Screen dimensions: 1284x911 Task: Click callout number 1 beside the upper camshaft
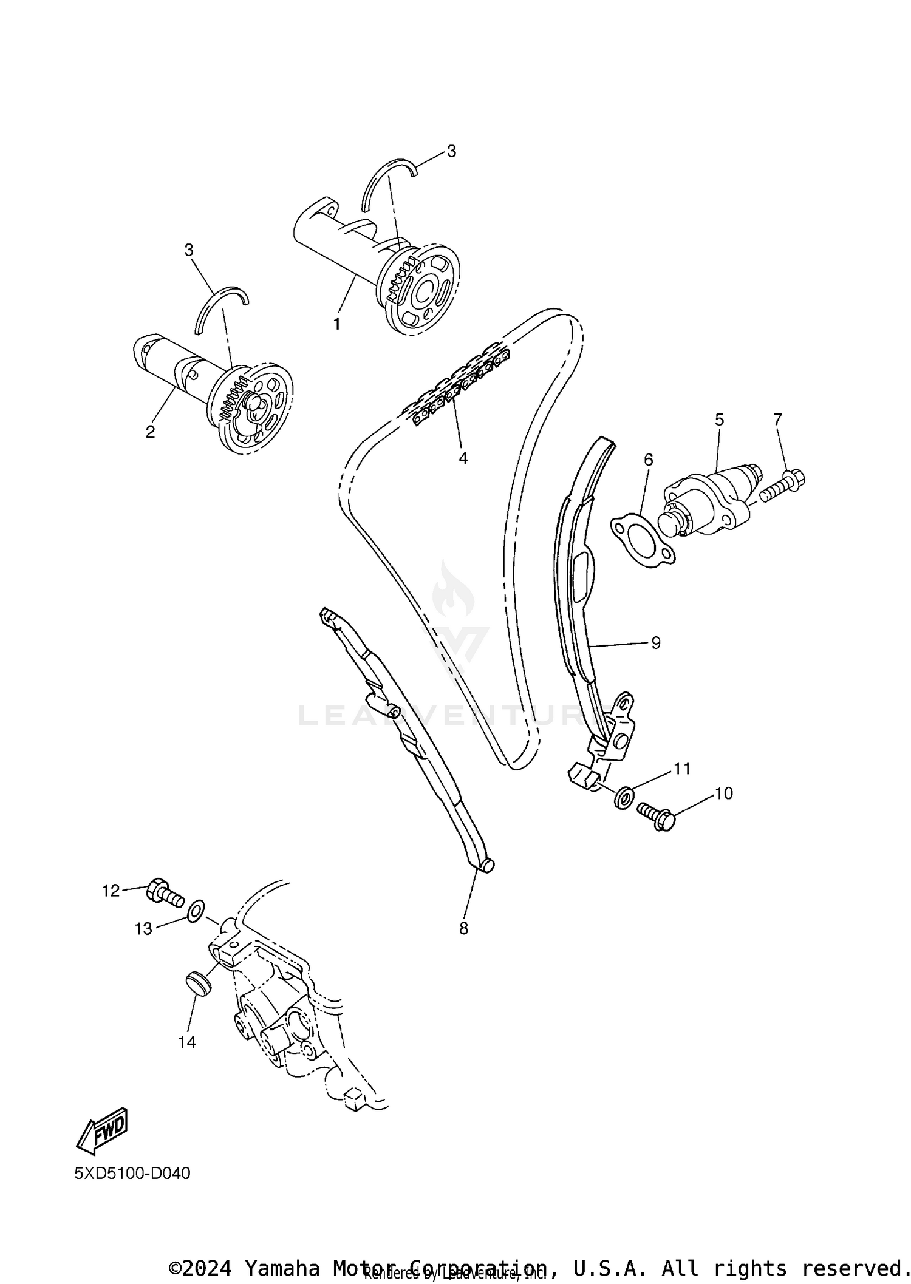pyautogui.click(x=336, y=324)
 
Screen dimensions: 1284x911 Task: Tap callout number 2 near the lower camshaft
pyautogui.click(x=150, y=432)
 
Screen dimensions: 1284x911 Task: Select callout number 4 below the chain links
pyautogui.click(x=463, y=458)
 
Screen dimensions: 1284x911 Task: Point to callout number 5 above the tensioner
pyautogui.click(x=719, y=420)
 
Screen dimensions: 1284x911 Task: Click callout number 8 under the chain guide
pyautogui.click(x=463, y=928)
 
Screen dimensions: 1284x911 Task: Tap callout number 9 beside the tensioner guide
pyautogui.click(x=655, y=642)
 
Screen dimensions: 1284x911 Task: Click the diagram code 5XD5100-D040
pyautogui.click(x=132, y=1173)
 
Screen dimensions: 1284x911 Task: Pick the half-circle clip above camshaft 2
pyautogui.click(x=222, y=308)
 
